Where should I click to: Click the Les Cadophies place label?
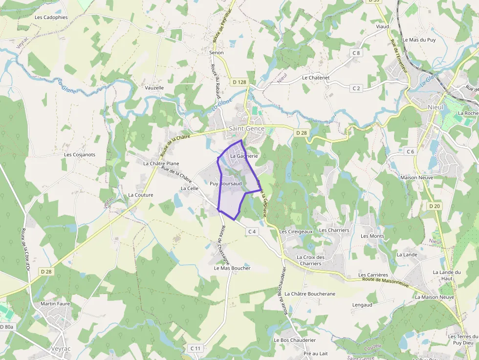(x=51, y=17)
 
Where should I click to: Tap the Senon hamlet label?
(x=216, y=52)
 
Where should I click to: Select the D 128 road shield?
(x=239, y=82)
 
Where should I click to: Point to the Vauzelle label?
(x=154, y=88)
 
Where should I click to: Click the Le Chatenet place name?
(x=316, y=78)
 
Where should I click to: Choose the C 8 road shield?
(x=356, y=53)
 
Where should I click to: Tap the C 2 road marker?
(x=356, y=88)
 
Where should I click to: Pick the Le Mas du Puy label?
(x=419, y=40)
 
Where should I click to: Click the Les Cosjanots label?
(x=80, y=154)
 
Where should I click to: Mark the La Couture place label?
(x=141, y=195)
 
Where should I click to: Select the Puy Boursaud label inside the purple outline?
(x=226, y=184)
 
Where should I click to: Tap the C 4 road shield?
(x=252, y=231)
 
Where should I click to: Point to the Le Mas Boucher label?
(x=232, y=268)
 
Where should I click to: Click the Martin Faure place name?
(x=55, y=303)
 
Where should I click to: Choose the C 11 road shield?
(x=196, y=348)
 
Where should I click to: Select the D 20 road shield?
(x=435, y=206)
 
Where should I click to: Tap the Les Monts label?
(x=372, y=236)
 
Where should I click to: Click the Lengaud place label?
(x=362, y=305)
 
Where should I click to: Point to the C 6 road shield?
(x=410, y=151)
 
